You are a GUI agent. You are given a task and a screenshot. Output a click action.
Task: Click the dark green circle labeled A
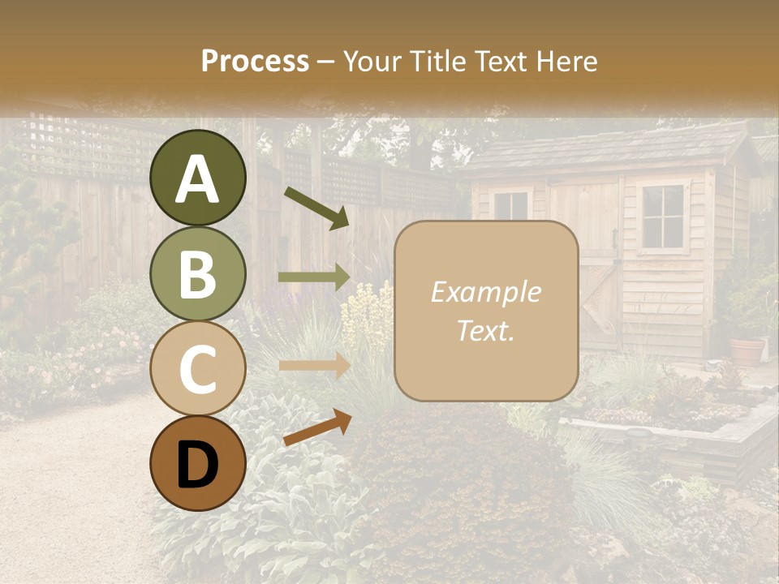pyautogui.click(x=198, y=178)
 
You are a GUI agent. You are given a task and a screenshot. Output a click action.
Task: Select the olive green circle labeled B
pyautogui.click(x=198, y=274)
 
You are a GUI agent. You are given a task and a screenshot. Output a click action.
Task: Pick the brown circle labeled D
pyautogui.click(x=198, y=464)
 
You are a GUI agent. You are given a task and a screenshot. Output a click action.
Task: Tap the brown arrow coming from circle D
pyautogui.click(x=317, y=427)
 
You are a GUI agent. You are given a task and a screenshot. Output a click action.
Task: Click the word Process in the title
pyautogui.click(x=255, y=61)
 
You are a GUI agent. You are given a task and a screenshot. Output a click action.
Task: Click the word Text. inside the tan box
pyautogui.click(x=486, y=330)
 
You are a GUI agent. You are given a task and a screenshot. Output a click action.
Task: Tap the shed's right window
pyautogui.click(x=662, y=216)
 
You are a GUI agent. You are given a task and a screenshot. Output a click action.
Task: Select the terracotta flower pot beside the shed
pyautogui.click(x=747, y=350)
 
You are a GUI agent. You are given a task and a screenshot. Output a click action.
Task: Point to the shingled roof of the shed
pyautogui.click(x=609, y=150)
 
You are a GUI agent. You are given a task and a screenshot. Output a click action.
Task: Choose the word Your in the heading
pyautogui.click(x=372, y=61)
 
